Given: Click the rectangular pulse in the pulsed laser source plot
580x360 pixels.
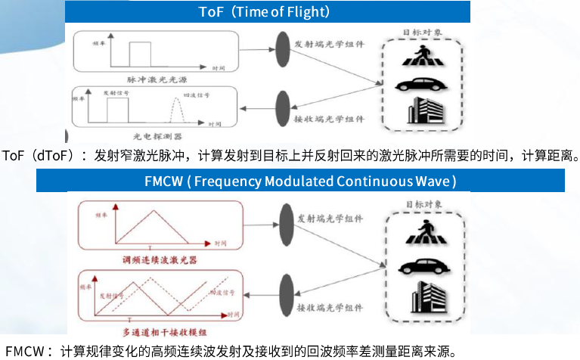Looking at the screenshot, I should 139,55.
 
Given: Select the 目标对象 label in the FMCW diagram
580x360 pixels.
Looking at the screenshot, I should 422,205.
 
